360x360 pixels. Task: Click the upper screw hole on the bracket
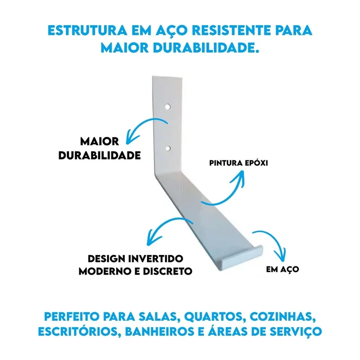coord(168,107)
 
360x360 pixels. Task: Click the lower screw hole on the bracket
coord(168,148)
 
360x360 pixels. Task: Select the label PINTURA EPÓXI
coord(239,163)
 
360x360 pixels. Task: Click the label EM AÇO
coord(282,269)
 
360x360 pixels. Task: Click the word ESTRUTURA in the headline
coord(87,30)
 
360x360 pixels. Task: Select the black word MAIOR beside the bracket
coord(99,141)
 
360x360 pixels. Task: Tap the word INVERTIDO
coord(156,259)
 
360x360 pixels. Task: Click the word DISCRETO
coord(167,271)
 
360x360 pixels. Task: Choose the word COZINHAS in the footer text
coord(283,317)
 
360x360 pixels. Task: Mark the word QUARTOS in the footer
coord(213,317)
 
